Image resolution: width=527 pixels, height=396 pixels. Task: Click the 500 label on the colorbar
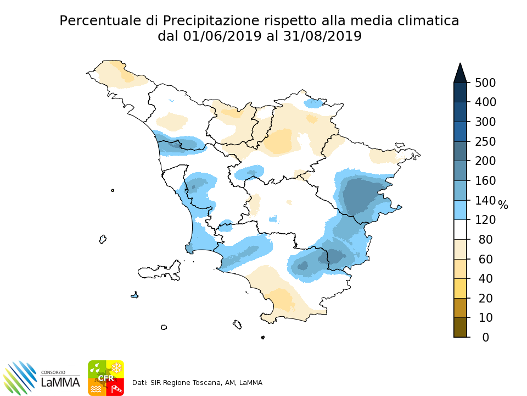tap(485, 82)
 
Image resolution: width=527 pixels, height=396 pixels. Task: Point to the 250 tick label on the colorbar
tap(485, 141)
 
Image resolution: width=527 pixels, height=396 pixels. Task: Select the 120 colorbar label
tap(485, 220)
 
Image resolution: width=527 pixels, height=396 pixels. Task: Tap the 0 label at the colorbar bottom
tap(485, 337)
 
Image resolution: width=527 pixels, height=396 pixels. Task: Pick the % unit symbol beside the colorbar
tap(503, 206)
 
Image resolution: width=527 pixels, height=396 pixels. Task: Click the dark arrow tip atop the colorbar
tap(460, 71)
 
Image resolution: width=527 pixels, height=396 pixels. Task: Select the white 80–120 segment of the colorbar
tap(460, 230)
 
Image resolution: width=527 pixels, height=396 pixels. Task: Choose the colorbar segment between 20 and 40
tap(460, 288)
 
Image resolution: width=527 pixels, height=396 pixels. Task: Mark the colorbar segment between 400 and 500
tap(460, 92)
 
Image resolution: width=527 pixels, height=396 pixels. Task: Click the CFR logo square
tap(106, 378)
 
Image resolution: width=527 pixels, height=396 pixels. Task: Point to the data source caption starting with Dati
tap(198, 382)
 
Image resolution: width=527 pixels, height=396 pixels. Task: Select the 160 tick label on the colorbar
tap(485, 180)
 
